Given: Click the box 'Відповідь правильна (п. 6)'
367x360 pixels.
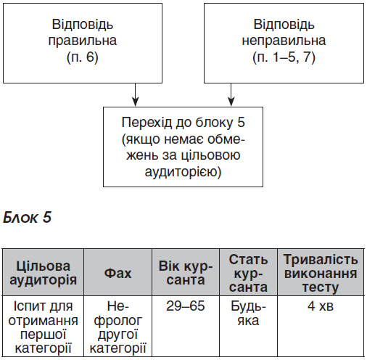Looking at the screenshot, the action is point(83,44).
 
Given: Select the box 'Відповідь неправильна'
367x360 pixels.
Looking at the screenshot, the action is point(284,44).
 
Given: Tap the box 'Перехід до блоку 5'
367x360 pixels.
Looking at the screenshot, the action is point(183,147).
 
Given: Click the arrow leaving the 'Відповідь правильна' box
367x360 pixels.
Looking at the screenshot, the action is point(136,94).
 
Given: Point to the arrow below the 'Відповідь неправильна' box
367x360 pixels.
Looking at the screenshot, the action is point(231,94).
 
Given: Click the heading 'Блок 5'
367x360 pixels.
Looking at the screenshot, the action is point(27,218).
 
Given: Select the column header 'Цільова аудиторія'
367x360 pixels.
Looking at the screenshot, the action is point(43,273).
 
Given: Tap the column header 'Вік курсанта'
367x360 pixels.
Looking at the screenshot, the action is point(186,273).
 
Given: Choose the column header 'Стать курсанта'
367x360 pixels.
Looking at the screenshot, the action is point(248,273).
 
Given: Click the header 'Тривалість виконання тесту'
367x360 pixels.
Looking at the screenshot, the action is point(321,273).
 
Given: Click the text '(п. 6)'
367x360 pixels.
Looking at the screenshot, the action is point(83,57).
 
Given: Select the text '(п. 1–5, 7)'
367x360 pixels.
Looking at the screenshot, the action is point(284,57).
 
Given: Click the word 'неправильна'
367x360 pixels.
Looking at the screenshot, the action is point(284,41).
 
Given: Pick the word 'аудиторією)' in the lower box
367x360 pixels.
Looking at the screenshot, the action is point(183,172).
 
